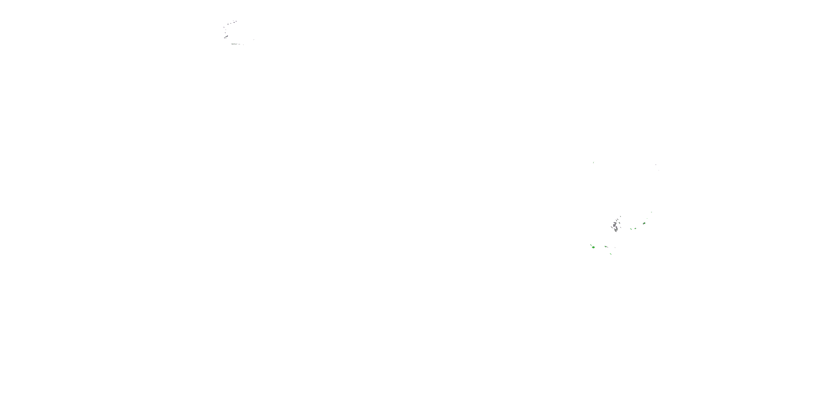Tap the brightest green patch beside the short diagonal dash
pyautogui.click(x=593, y=247)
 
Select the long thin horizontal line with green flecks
pyautogui.click(x=234, y=44)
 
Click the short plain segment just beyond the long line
pyautogui.click(x=240, y=44)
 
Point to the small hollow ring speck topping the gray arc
pyautogui.click(x=236, y=21)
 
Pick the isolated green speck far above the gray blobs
pyautogui.click(x=593, y=162)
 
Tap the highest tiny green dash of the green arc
pyautogui.click(x=651, y=212)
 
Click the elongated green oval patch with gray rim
pyautogui.click(x=644, y=224)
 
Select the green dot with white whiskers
pyautogui.click(x=636, y=229)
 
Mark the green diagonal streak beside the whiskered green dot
pyautogui.click(x=631, y=229)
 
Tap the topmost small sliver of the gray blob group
pyautogui.click(x=621, y=216)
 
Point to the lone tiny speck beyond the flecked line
pyautogui.click(x=243, y=45)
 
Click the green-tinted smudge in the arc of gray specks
pyautogui.click(x=226, y=37)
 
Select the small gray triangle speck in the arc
pyautogui.click(x=226, y=33)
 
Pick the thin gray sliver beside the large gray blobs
pyautogui.click(x=612, y=227)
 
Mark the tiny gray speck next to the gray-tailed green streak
pyautogui.click(x=615, y=248)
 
